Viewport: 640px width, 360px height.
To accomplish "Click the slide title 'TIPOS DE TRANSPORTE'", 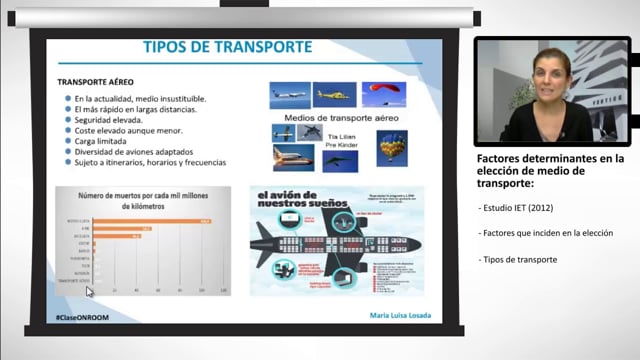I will click(x=228, y=47).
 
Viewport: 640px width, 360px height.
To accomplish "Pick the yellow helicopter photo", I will click(x=334, y=95).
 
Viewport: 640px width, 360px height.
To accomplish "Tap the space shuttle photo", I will click(x=292, y=157).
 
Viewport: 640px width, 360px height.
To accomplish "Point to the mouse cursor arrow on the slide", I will click(x=90, y=293).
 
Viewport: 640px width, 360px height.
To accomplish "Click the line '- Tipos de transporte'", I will click(x=519, y=260).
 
